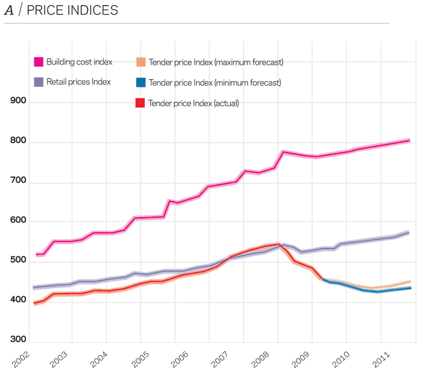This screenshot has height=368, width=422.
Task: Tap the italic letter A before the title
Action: coord(9,11)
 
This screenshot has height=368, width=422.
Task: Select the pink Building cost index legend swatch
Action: coord(38,62)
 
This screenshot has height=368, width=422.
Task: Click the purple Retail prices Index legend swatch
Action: coord(38,82)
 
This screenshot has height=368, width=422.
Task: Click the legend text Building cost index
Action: coord(79,62)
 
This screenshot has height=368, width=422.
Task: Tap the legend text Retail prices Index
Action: coord(78,82)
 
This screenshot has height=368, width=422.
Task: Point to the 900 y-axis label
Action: coord(19,101)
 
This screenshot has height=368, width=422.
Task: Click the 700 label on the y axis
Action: coord(19,182)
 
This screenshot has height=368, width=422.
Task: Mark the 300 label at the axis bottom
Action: coord(19,340)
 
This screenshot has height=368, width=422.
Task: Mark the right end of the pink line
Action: coord(410,140)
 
